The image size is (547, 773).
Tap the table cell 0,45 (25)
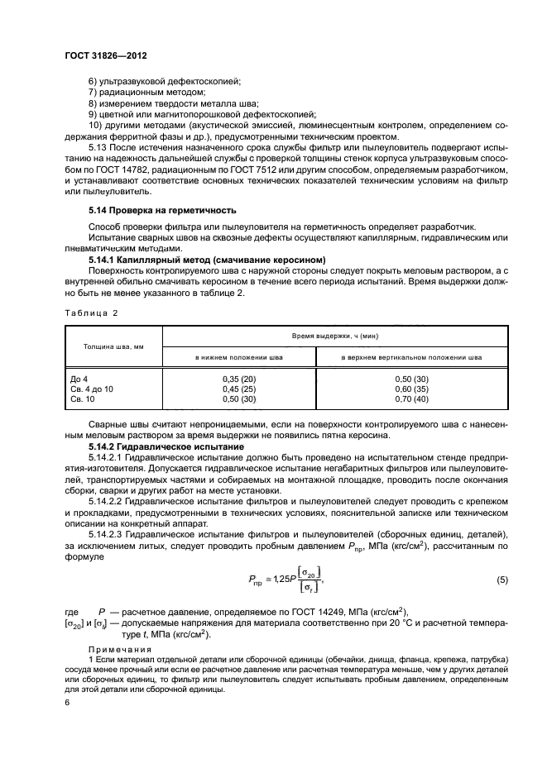point(238,388)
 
